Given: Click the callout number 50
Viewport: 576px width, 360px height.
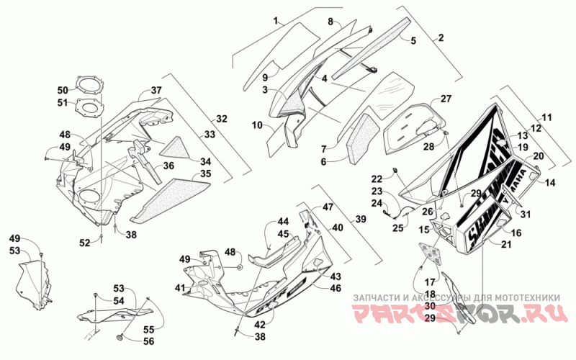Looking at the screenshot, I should pyautogui.click(x=63, y=90).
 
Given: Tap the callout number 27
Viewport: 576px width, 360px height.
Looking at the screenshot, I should pyautogui.click(x=446, y=99).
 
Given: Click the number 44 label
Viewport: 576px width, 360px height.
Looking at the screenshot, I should pyautogui.click(x=283, y=223).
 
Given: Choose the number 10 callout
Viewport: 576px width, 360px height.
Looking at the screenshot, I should pyautogui.click(x=257, y=125).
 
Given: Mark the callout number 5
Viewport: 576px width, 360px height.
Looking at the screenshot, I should pyautogui.click(x=413, y=42).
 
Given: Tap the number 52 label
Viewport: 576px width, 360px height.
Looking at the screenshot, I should pyautogui.click(x=85, y=243).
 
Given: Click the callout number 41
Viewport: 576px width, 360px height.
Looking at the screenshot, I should pyautogui.click(x=179, y=287).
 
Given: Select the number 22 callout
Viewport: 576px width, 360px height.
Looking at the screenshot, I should pyautogui.click(x=377, y=179).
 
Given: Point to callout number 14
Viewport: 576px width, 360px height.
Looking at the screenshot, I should pyautogui.click(x=549, y=184).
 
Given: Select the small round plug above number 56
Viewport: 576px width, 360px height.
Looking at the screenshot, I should pyautogui.click(x=121, y=336).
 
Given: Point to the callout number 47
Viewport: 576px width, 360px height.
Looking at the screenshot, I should pyautogui.click(x=328, y=207).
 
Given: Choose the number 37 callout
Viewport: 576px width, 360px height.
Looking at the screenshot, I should pyautogui.click(x=156, y=91).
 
